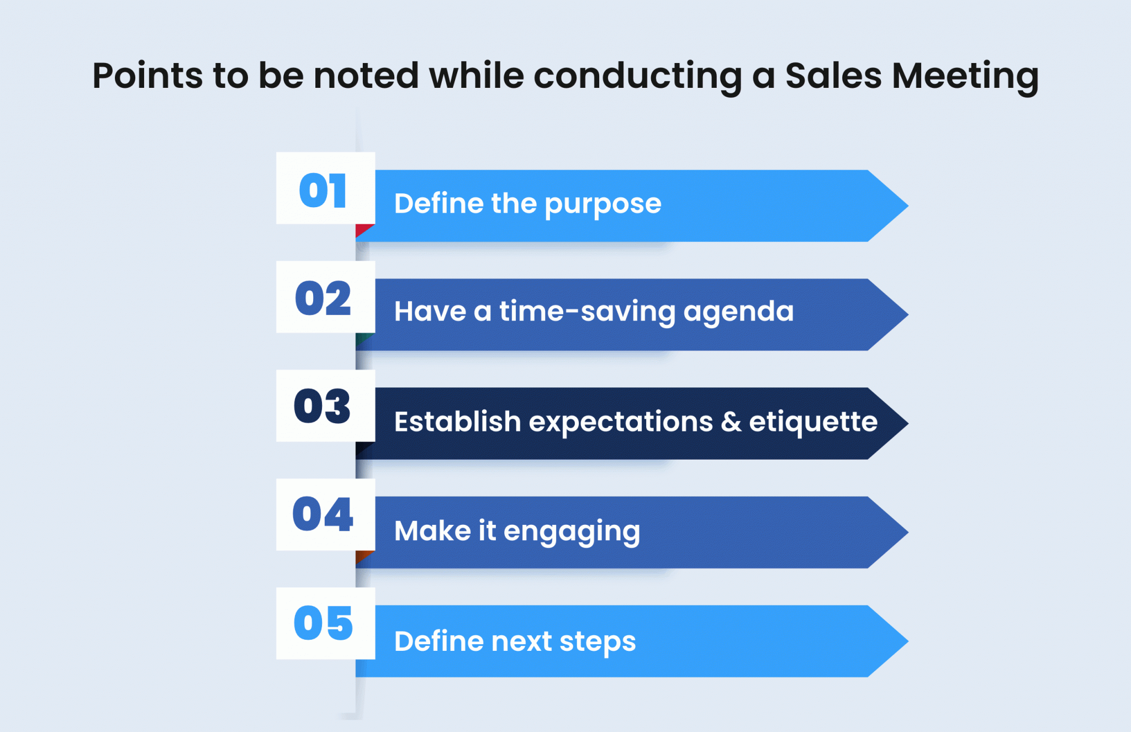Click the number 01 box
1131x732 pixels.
coord(326,188)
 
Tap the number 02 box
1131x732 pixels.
coord(326,297)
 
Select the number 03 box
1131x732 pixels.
coord(326,406)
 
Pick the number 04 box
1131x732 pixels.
coord(326,514)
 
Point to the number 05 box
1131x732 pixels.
coord(326,623)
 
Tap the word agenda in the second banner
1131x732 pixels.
coord(738,313)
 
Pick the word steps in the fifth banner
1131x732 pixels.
coord(598,643)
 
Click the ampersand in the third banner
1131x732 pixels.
coord(731,422)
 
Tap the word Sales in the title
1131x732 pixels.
coord(833,75)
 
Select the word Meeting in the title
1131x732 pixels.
coord(965,77)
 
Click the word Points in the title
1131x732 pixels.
coord(147,75)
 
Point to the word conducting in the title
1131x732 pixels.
coord(638,77)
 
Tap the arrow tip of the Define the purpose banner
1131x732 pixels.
coord(908,206)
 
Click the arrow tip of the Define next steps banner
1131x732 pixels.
coord(908,641)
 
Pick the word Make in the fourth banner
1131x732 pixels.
coord(432,531)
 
